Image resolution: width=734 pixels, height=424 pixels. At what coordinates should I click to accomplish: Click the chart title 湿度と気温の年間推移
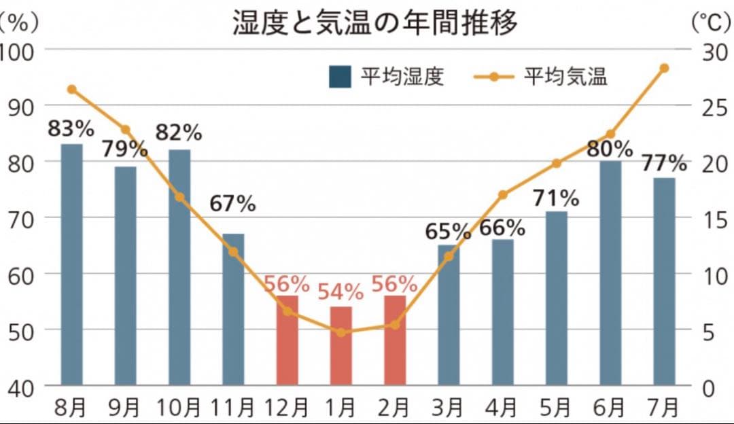click(375, 22)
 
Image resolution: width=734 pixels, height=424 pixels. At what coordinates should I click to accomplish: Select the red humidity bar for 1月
click(340, 346)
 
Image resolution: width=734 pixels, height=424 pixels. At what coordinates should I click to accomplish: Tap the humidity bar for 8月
click(71, 264)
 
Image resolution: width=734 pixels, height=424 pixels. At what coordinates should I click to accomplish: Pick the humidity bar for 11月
click(233, 309)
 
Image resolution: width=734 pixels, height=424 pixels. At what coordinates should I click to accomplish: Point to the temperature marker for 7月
click(664, 68)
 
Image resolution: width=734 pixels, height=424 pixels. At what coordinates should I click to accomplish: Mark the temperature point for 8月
click(72, 89)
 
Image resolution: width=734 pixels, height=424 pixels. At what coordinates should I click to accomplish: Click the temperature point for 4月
click(503, 195)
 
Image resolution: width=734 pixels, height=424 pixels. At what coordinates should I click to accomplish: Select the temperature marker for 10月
click(179, 197)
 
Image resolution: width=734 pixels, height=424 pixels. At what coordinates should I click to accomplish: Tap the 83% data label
click(71, 127)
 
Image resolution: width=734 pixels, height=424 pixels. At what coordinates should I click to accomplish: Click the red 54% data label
click(340, 292)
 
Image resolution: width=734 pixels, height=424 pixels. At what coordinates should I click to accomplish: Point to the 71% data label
click(556, 198)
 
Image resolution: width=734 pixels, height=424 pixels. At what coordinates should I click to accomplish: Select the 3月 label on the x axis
click(449, 408)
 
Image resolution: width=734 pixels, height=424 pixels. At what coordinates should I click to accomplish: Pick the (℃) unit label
click(711, 23)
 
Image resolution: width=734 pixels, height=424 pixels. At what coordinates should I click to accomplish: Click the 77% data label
click(663, 163)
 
